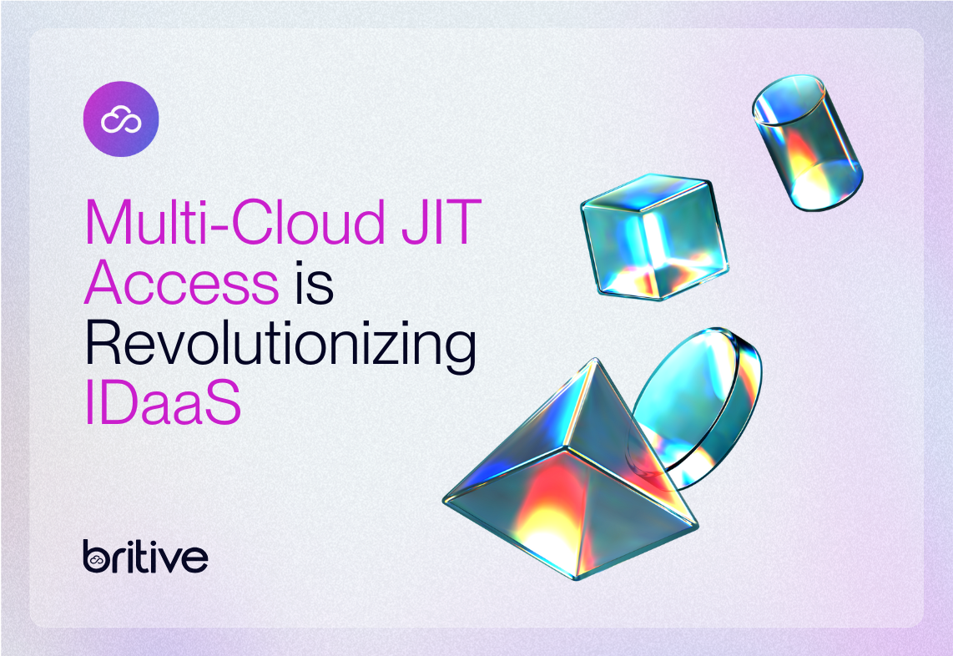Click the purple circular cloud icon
tap(121, 119)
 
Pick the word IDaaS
tap(163, 406)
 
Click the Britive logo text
tap(145, 557)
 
